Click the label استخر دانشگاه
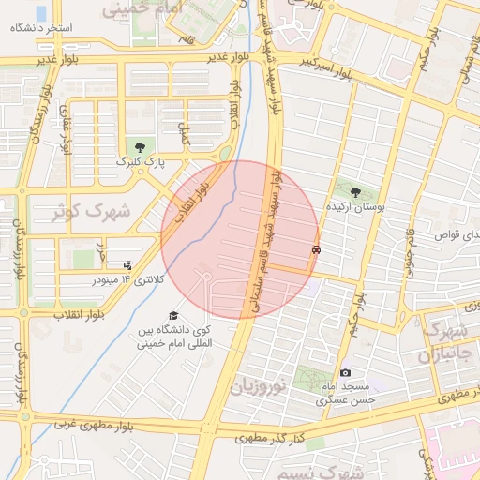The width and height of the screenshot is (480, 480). (x=41, y=29)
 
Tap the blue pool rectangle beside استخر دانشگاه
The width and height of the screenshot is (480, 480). (x=41, y=13)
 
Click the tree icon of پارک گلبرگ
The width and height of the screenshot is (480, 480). (x=140, y=146)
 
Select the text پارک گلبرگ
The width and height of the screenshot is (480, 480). (x=140, y=161)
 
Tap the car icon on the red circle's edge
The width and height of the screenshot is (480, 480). (x=317, y=250)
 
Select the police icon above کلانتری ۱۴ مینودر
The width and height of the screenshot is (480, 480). (x=128, y=265)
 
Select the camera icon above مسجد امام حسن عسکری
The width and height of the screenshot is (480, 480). (x=345, y=372)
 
